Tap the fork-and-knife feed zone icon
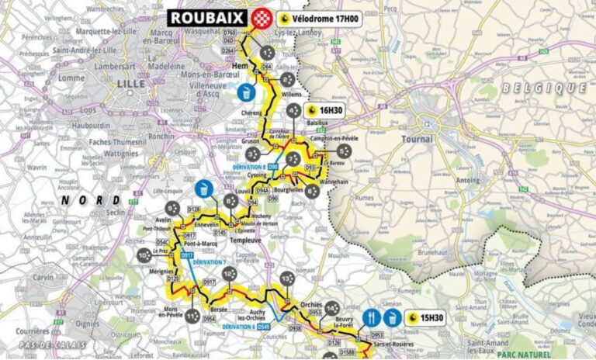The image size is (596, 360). [371, 317]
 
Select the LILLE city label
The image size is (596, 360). [125, 81]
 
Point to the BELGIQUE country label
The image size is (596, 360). [543, 88]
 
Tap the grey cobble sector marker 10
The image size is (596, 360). [144, 254]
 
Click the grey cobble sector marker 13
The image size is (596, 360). [287, 279]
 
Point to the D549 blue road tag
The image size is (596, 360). [265, 327]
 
